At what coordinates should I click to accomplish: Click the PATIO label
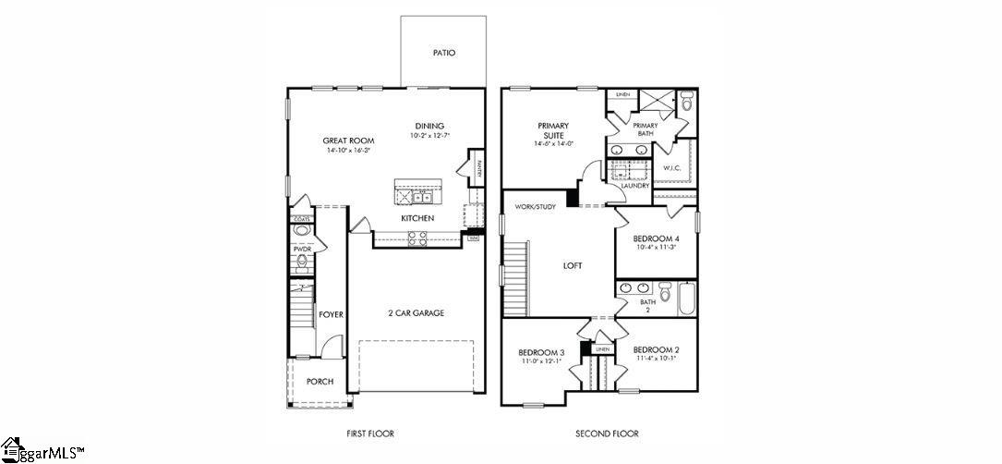tap(444, 54)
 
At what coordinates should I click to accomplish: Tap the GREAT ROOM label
tap(348, 140)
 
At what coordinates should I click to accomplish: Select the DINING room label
tap(429, 127)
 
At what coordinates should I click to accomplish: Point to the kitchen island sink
tap(421, 196)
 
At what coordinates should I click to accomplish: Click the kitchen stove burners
tap(417, 237)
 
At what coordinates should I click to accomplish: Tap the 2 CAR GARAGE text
tap(416, 313)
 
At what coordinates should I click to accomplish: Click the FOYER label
tap(331, 315)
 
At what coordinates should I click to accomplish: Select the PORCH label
tap(320, 382)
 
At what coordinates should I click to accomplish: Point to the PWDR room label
tap(301, 250)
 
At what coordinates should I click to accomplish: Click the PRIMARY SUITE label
tap(553, 130)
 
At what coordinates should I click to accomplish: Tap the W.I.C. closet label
tap(672, 167)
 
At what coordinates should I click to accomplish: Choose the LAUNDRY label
tap(635, 186)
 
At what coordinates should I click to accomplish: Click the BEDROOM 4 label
tap(657, 238)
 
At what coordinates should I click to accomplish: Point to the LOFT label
tap(573, 266)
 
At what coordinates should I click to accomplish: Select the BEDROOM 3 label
tap(541, 352)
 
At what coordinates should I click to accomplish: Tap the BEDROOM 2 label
tap(656, 350)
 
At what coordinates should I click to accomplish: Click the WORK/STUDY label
tap(536, 206)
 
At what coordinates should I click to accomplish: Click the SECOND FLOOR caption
tap(607, 433)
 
